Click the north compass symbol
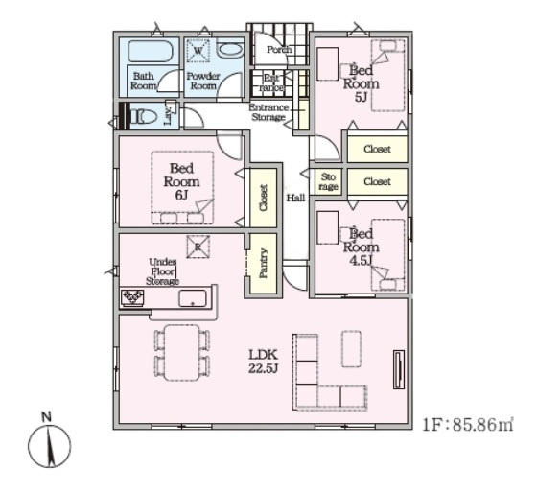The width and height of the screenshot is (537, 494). click(x=49, y=443)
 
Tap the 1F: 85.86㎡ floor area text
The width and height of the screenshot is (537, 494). click(x=468, y=425)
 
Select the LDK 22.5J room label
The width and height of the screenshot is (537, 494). click(x=263, y=361)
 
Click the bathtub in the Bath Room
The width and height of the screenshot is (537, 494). click(x=150, y=52)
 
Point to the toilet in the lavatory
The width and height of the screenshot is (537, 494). click(x=145, y=116)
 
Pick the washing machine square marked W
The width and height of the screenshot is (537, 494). click(x=198, y=51)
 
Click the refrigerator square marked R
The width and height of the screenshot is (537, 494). click(x=198, y=247)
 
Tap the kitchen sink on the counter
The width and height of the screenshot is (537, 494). click(x=193, y=298)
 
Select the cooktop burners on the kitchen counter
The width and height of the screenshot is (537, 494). click(x=133, y=297)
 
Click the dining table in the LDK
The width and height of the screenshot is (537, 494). click(x=181, y=353)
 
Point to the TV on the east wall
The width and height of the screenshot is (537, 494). click(x=399, y=369)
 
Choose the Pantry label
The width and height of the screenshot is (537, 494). click(x=264, y=263)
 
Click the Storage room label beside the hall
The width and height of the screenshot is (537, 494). click(x=328, y=181)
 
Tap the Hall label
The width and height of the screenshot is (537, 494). click(x=295, y=198)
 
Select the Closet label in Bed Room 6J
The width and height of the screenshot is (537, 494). click(x=264, y=198)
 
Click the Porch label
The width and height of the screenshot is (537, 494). click(x=279, y=50)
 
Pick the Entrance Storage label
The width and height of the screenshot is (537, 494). click(x=268, y=112)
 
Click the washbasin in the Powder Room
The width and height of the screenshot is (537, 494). click(x=229, y=50)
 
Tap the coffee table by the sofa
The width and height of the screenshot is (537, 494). click(x=351, y=349)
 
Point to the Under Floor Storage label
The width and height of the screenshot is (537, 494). click(x=162, y=271)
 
